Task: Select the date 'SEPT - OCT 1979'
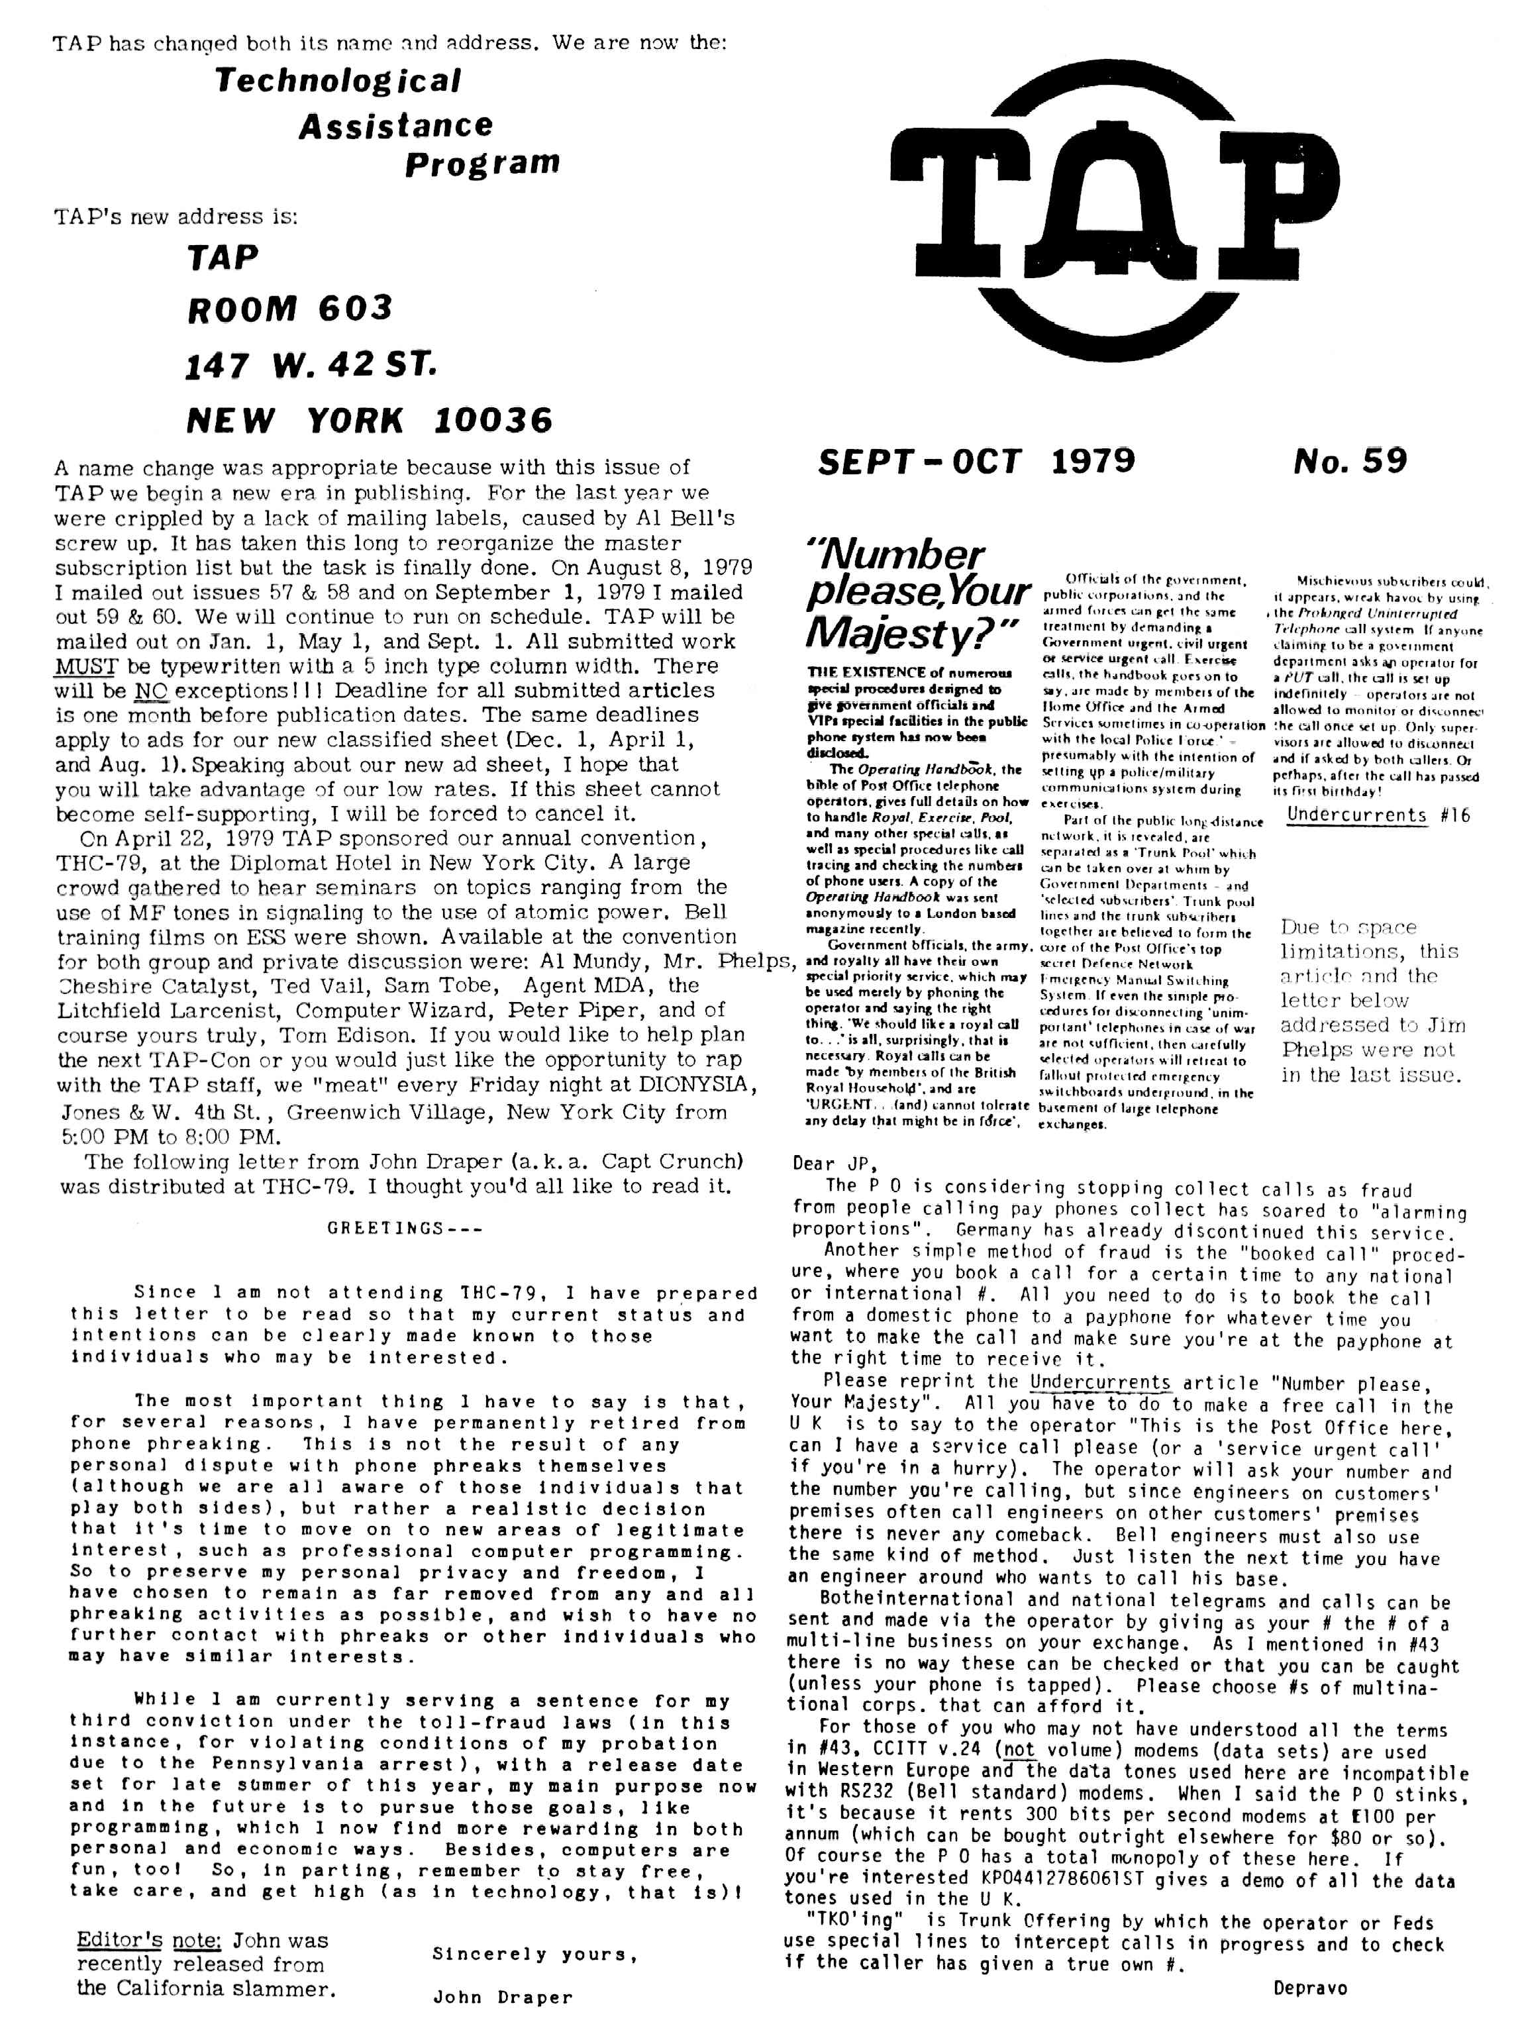tap(976, 461)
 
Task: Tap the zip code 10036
tap(493, 421)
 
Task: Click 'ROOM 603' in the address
tap(289, 309)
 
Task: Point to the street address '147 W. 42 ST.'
tap(310, 365)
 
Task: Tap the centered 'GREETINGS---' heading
tap(403, 1229)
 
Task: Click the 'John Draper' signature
tap(503, 1998)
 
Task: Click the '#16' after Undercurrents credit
tap(1455, 815)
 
